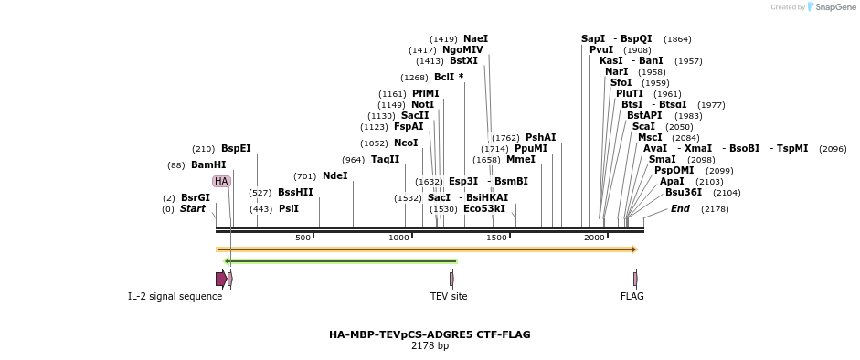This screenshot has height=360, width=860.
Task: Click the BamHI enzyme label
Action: point(208,165)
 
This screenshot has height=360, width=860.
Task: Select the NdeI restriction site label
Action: point(334,176)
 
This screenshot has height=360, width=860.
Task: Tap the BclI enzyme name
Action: point(445,78)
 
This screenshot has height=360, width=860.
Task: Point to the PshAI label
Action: point(540,138)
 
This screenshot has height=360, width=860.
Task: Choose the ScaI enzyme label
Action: point(643,127)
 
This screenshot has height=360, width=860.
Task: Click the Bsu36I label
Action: point(684,193)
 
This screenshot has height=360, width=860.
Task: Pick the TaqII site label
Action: point(385,160)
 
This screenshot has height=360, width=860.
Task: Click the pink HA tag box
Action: point(221,182)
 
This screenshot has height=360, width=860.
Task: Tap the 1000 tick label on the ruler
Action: point(399,238)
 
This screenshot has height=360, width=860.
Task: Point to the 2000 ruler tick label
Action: point(595,238)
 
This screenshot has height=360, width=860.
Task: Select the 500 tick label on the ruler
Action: point(303,238)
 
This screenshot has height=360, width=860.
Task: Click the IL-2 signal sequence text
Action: point(175,296)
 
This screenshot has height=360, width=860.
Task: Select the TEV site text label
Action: point(449,296)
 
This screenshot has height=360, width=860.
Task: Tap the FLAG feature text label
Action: point(632,296)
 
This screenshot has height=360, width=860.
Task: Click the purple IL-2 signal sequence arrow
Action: point(221,279)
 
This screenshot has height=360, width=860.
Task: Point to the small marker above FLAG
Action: point(635,279)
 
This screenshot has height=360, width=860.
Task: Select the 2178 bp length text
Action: point(430,346)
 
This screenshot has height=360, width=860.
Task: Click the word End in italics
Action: point(680,209)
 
